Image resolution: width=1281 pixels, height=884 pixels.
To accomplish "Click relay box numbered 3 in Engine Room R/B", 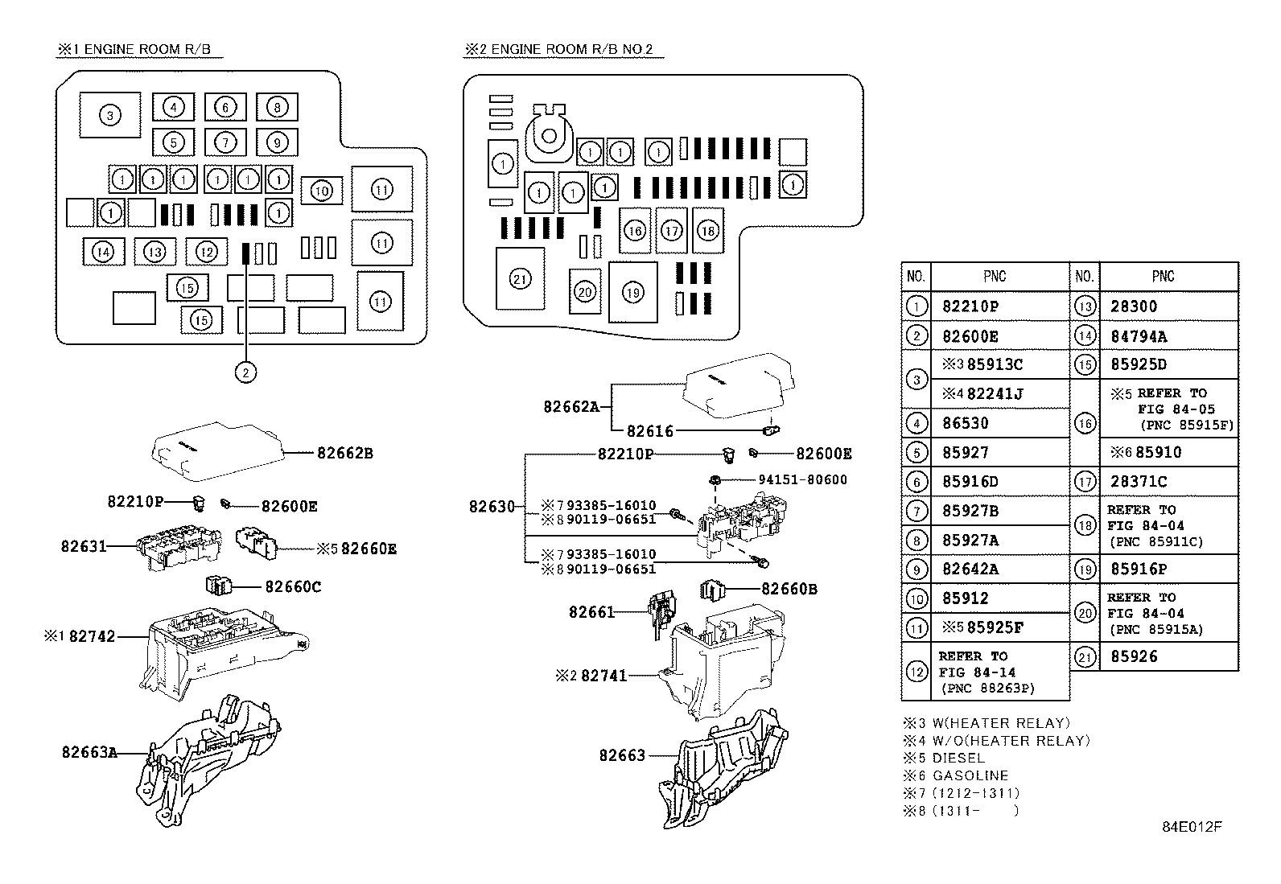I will click(x=110, y=116).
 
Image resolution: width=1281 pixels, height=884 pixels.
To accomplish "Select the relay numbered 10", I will click(x=322, y=191).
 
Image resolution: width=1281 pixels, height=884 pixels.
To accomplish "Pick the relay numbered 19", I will click(x=633, y=292).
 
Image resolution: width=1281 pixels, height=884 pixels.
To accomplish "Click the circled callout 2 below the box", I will click(x=245, y=372).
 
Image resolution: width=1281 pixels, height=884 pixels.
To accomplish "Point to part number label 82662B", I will click(x=344, y=453).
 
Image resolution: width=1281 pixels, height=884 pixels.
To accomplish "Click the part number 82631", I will click(x=83, y=546).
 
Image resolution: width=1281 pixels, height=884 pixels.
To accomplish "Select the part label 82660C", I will click(x=293, y=586).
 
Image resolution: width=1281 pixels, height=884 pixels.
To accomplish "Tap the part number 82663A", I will click(x=89, y=752).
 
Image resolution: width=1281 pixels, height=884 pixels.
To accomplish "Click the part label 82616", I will click(x=650, y=431).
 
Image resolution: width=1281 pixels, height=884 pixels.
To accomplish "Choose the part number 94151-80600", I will click(x=802, y=480).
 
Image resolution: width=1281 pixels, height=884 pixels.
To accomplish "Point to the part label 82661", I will click(x=591, y=612).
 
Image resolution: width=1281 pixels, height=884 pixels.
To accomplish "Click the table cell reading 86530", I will click(x=965, y=423).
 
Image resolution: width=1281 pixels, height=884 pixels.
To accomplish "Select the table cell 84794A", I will click(x=1139, y=336).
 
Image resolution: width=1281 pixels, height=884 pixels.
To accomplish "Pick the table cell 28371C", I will click(x=1139, y=481).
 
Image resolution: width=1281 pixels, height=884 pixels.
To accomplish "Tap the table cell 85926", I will click(x=1134, y=656).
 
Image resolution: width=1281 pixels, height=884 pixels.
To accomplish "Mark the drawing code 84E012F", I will click(x=1191, y=827).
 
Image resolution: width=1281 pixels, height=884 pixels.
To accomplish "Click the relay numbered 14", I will click(x=103, y=252).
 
